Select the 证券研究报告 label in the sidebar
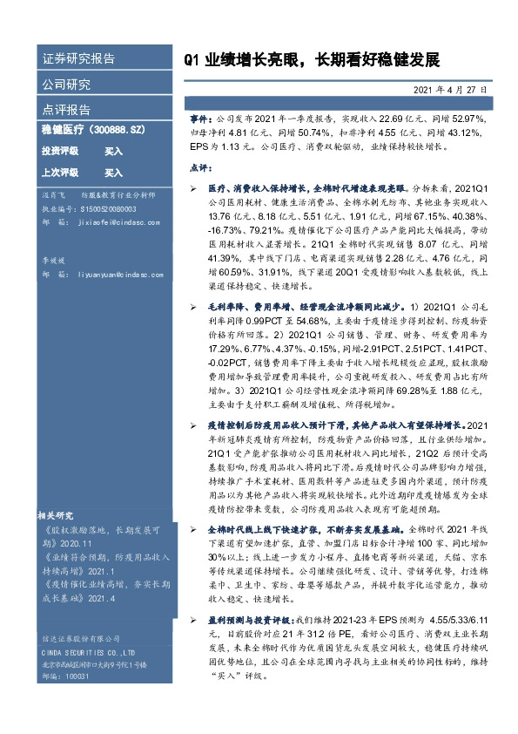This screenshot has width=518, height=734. point(78,59)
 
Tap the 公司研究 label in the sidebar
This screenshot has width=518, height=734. point(66,85)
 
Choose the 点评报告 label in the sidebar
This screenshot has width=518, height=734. point(66,110)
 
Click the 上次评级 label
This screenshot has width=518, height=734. point(59,173)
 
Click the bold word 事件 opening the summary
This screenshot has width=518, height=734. point(199,118)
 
